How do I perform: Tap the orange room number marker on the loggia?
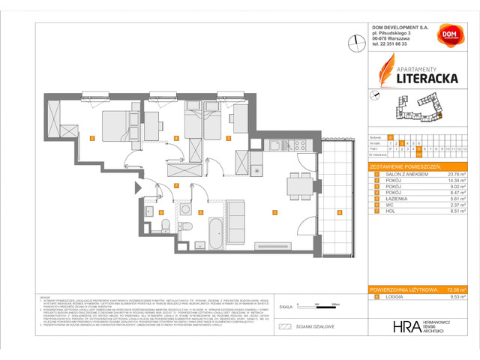point(340,213)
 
